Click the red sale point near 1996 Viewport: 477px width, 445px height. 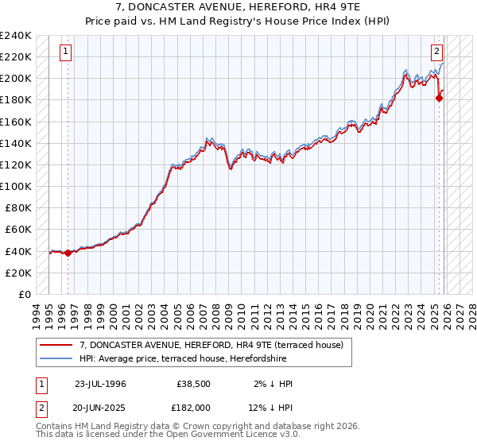click(68, 253)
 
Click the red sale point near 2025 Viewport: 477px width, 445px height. click(439, 99)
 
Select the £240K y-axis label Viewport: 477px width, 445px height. click(16, 36)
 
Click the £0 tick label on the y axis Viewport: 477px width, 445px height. click(24, 294)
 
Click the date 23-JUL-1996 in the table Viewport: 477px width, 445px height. click(100, 384)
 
